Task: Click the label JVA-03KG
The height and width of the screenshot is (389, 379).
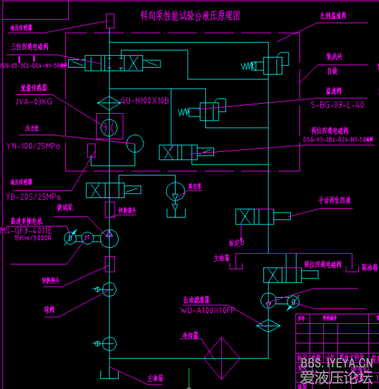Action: (33, 101)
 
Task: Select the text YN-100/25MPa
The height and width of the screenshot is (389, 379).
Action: (33, 146)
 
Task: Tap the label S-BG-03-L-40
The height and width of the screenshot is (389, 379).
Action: (338, 105)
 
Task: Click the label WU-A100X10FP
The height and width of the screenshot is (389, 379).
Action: (208, 311)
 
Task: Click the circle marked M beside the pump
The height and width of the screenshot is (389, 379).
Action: (88, 236)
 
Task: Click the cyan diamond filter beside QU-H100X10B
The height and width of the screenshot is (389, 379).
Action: (109, 101)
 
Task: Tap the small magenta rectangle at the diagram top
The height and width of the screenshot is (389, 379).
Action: (110, 20)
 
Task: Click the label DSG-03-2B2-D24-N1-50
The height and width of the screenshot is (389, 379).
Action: (338, 139)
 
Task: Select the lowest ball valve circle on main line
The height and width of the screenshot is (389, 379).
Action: (109, 343)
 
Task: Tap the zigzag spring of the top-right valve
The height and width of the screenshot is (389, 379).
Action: (248, 65)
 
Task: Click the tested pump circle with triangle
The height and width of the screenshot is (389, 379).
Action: (109, 235)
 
